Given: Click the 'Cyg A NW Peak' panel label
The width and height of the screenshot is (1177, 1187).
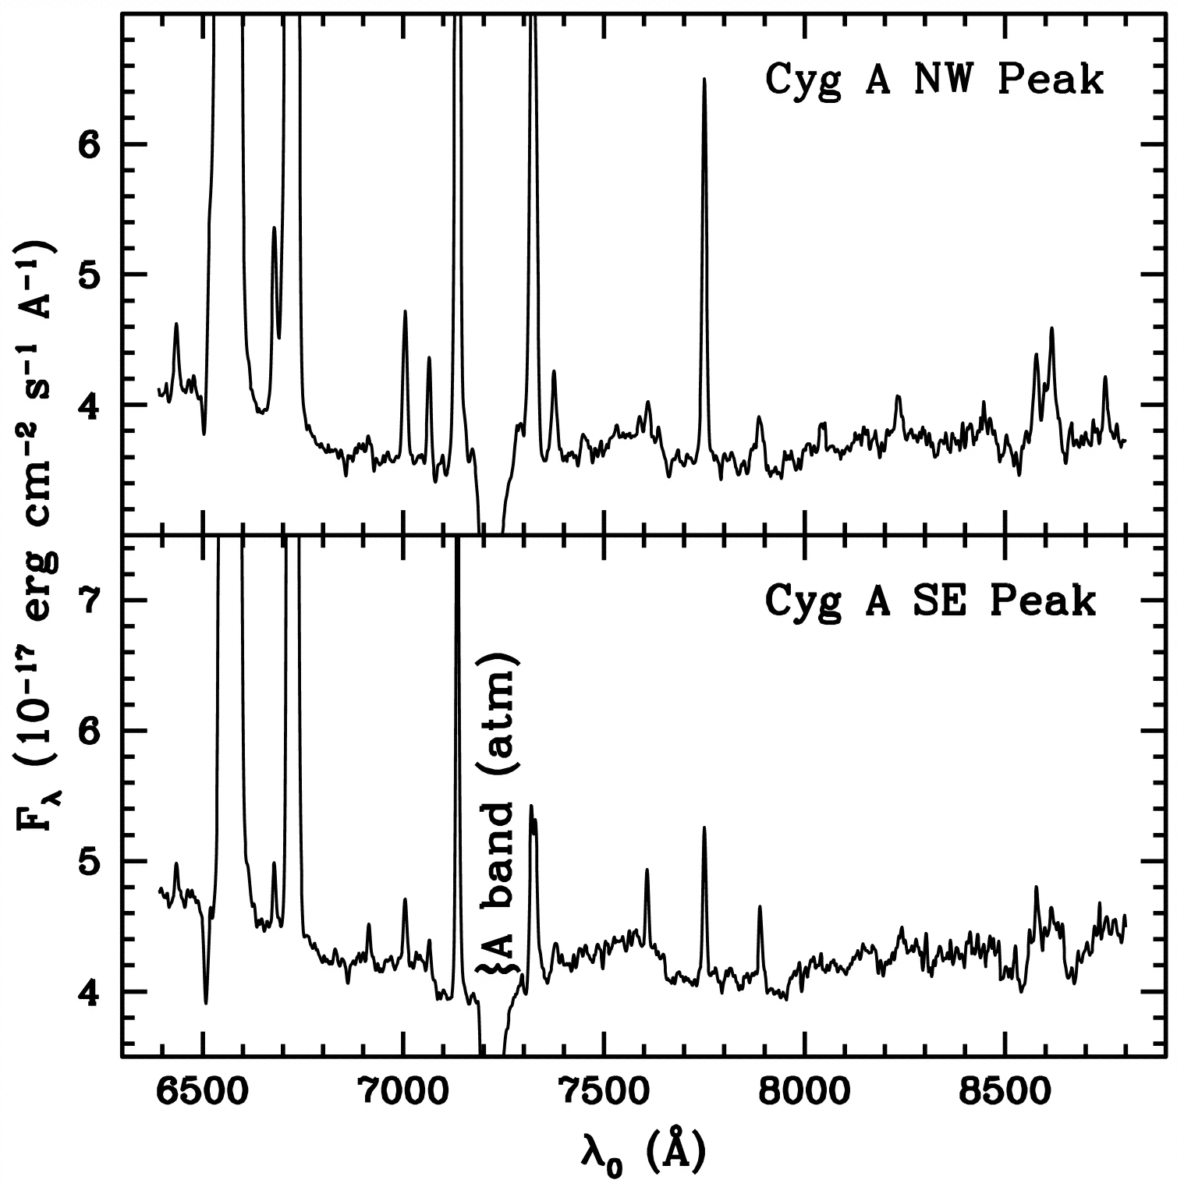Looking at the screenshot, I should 934,80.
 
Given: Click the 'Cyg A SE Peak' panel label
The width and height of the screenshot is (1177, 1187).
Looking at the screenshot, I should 930,601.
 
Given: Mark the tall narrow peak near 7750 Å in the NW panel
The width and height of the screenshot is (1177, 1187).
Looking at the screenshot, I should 704,80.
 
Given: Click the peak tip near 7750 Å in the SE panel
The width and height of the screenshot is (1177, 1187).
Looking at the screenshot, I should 704,828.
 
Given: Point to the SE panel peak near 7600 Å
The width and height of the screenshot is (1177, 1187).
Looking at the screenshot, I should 647,870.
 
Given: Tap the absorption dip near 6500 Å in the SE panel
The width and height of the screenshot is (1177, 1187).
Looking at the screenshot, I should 206,1003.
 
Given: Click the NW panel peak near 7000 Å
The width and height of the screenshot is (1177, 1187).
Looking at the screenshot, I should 405,312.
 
